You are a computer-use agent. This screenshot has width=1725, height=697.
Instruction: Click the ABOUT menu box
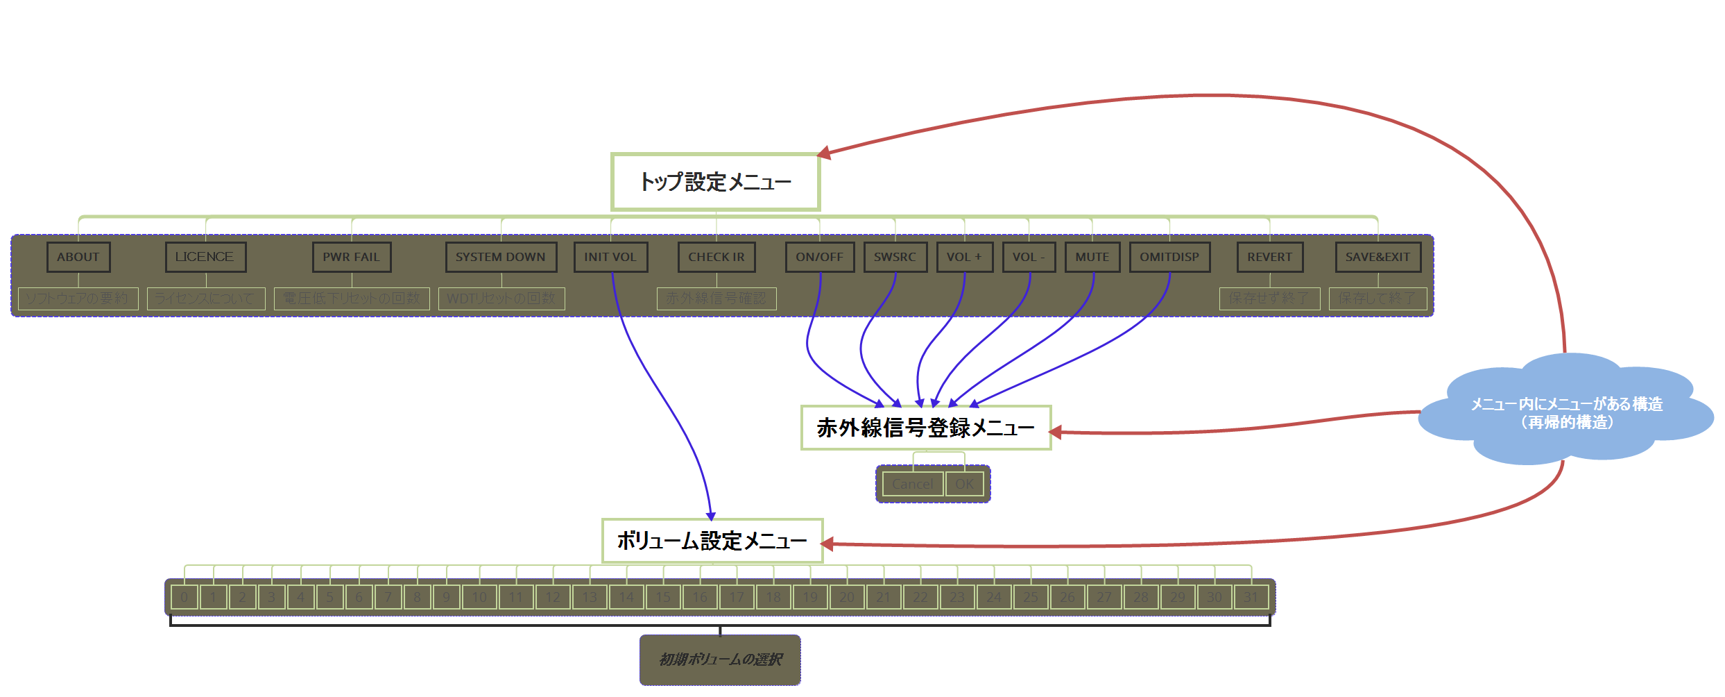pos(78,257)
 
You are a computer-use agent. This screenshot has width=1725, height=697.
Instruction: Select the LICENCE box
pos(205,257)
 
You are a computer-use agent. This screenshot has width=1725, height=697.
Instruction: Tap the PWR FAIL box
pos(352,257)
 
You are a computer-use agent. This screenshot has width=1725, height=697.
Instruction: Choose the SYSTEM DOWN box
pos(501,257)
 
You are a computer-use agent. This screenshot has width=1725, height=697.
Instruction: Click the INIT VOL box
pos(610,257)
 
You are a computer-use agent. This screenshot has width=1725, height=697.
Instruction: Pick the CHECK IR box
pos(716,257)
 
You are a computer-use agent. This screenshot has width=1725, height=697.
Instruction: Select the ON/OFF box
pos(820,257)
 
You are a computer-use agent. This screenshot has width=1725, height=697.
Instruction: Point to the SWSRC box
pos(895,257)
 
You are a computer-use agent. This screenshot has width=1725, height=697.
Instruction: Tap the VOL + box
pos(964,257)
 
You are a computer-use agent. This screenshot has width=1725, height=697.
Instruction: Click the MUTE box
pos(1092,257)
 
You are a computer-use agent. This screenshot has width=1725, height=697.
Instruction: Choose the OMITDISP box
pos(1169,257)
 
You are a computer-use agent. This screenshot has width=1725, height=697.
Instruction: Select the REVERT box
pos(1270,257)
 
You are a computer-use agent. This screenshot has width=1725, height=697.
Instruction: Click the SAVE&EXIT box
pos(1378,257)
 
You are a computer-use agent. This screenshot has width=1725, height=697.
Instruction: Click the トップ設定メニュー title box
pos(715,182)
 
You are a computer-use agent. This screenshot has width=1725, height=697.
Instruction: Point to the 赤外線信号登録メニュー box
pos(926,428)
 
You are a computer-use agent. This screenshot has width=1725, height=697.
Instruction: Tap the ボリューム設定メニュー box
pos(712,541)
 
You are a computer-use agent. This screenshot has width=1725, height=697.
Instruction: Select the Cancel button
pos(913,484)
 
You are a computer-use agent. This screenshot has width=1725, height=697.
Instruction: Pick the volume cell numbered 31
pos(1251,597)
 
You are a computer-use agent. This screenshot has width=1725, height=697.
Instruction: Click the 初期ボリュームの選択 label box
pos(720,660)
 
